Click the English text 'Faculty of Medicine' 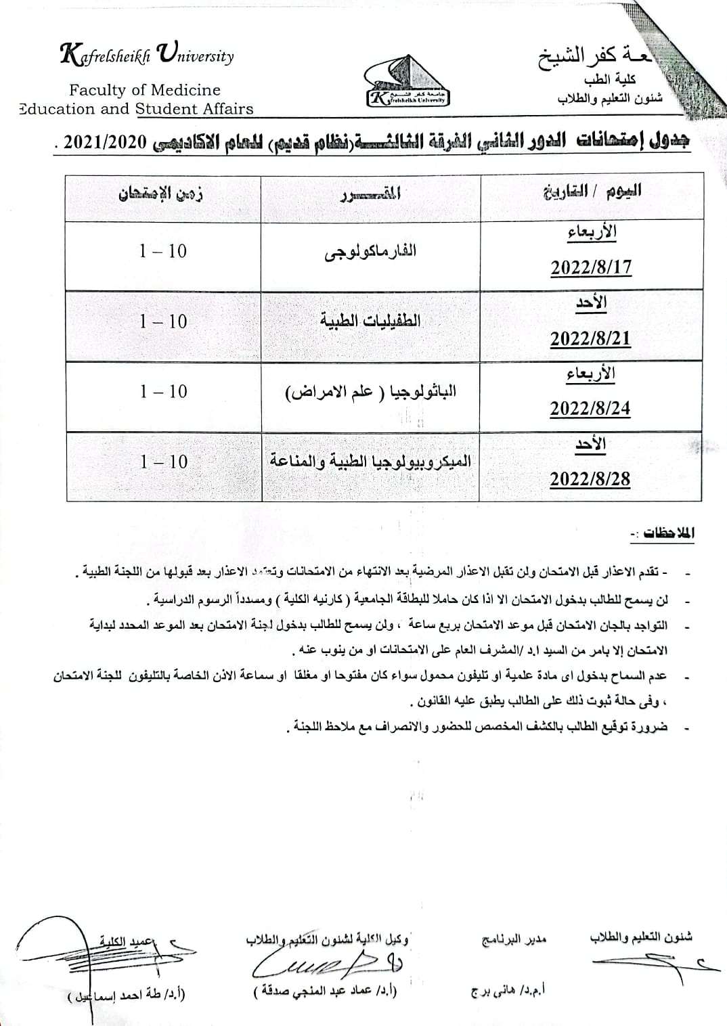click(x=144, y=90)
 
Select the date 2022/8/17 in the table click(x=590, y=267)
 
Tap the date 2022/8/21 click(x=590, y=338)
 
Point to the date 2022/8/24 click(x=590, y=408)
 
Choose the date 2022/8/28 click(x=590, y=478)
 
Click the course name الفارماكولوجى click(x=370, y=252)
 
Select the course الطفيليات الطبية click(x=370, y=321)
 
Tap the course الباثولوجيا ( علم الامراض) click(x=370, y=392)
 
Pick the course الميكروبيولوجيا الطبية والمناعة click(x=370, y=462)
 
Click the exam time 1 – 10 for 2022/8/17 click(x=163, y=251)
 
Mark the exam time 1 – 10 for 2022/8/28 click(x=163, y=462)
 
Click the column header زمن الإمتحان click(x=162, y=194)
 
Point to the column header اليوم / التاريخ click(x=592, y=192)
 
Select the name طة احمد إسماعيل click(x=127, y=994)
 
